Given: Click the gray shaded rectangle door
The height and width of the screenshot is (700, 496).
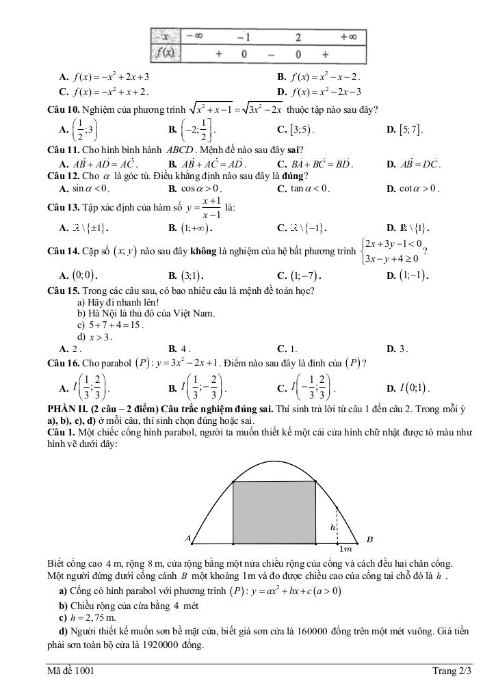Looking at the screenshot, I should [274, 513].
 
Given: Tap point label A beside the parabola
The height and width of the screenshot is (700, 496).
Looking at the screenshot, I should [187, 539].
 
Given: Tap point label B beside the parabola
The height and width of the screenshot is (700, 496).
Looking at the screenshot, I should [369, 539].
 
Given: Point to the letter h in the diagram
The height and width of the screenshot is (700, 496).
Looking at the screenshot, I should [332, 528].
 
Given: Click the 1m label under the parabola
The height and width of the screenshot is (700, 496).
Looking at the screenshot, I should [345, 548].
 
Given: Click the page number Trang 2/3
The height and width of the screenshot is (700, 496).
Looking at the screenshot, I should [452, 671].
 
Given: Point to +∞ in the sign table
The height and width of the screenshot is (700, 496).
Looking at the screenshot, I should [348, 36].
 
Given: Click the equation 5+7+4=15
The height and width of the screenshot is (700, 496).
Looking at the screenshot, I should [115, 325].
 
